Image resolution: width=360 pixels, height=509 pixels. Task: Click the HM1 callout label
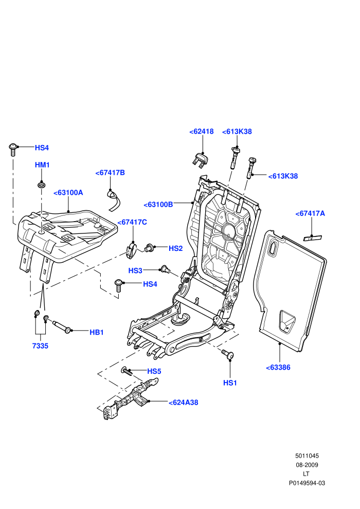(x=42, y=165)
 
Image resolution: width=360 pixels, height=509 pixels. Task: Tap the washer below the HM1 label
(x=42, y=185)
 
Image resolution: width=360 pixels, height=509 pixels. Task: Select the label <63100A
(x=68, y=193)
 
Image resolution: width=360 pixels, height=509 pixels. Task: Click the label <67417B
(x=110, y=173)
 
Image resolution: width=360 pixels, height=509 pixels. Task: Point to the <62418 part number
(x=202, y=132)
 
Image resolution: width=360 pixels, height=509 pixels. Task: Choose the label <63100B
(x=158, y=205)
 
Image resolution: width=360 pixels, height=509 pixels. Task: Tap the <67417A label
(x=310, y=213)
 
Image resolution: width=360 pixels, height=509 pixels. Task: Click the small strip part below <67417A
(x=312, y=238)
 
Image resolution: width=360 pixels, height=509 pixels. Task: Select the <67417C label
(x=132, y=222)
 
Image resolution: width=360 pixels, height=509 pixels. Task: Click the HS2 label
(x=175, y=249)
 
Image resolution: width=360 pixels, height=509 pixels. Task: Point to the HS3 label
(x=135, y=271)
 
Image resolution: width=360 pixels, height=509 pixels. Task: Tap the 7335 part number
(x=40, y=346)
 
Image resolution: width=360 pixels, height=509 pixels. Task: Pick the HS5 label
(x=154, y=371)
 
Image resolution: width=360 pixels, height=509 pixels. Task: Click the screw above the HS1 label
(x=227, y=354)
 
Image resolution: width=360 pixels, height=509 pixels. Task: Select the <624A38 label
(x=184, y=403)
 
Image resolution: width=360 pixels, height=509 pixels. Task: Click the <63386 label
(x=278, y=368)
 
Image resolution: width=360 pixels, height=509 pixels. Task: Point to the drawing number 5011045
(x=307, y=456)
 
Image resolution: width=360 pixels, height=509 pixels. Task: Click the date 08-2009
(x=307, y=465)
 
